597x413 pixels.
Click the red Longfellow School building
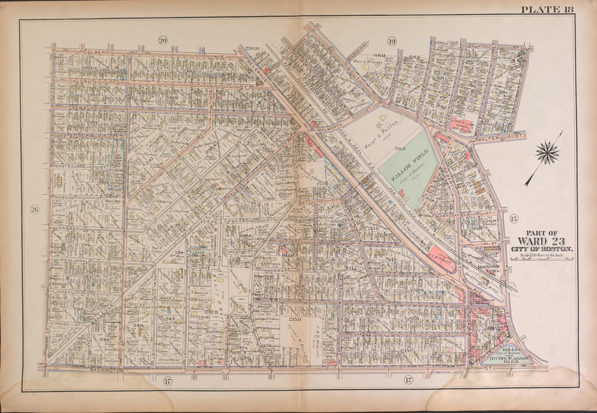point(462,124)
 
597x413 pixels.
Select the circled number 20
point(162,40)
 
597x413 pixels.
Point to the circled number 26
point(35,210)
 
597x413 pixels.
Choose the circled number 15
point(514,219)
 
